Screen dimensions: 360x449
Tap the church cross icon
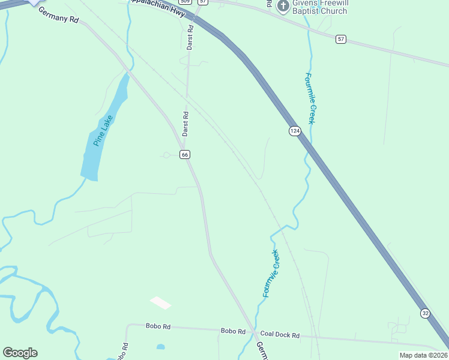tap(283, 5)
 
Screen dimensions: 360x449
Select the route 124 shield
tap(294, 131)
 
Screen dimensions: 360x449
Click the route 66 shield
tap(185, 154)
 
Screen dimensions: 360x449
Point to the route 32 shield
tap(425, 313)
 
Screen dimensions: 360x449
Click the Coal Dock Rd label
tap(279, 335)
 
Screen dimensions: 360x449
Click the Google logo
tap(20, 353)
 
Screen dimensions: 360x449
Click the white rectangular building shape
tap(160, 303)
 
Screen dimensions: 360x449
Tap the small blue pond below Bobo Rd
tap(160, 347)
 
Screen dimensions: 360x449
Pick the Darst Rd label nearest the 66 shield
tap(185, 123)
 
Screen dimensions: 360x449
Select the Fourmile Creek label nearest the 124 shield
tap(310, 98)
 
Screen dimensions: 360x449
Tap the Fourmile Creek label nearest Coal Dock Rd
tap(271, 274)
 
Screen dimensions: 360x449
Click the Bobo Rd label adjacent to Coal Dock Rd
tap(233, 331)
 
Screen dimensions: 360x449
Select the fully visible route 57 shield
tap(341, 39)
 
